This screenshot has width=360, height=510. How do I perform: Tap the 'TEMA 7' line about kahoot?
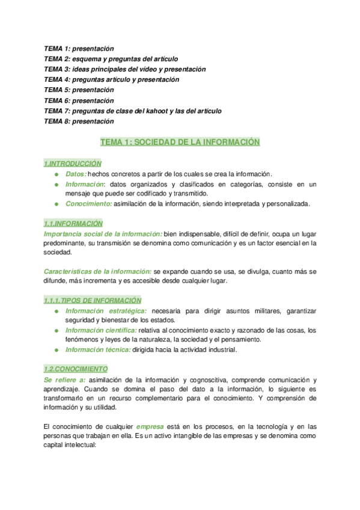coord(133,111)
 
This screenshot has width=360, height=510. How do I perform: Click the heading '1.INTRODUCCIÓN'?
coord(73,164)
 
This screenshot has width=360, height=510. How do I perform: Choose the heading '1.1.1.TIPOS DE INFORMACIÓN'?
coord(93,300)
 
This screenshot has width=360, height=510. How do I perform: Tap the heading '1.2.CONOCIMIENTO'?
coord(76,369)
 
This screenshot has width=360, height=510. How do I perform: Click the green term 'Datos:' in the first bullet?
coord(76,174)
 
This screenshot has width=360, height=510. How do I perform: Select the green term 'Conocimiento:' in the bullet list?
coord(88,204)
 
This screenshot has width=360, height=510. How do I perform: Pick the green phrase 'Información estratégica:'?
coord(106,310)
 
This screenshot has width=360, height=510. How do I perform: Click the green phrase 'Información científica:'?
coord(101,330)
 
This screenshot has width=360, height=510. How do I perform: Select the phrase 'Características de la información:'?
coord(98,271)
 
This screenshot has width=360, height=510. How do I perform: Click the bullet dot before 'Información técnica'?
coord(56,350)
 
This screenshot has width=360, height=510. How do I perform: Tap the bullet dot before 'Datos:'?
coord(56,174)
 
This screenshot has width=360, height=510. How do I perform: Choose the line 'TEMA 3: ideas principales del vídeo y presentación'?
coord(124,69)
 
